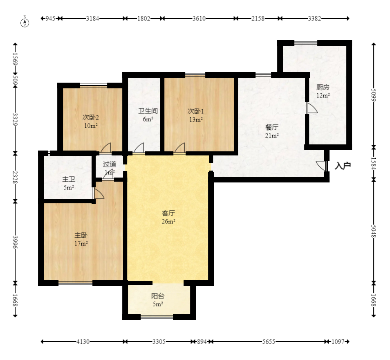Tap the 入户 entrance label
pyautogui.click(x=343, y=166)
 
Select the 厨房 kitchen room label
pyautogui.click(x=323, y=87)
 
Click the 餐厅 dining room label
pyautogui.click(x=271, y=127)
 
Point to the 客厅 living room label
pyautogui.click(x=168, y=213)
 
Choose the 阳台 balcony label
pyautogui.click(x=158, y=296)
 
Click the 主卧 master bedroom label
pyautogui.click(x=81, y=235)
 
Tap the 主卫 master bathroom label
pyautogui.click(x=68, y=179)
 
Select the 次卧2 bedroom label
pyautogui.click(x=91, y=117)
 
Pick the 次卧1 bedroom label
pyautogui.click(x=195, y=111)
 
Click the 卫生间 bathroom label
pyautogui.click(x=148, y=111)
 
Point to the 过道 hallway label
pyautogui.click(x=110, y=164)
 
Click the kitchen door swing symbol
pyautogui.click(x=312, y=108)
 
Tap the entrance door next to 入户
pyautogui.click(x=322, y=166)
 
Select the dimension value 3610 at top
pyautogui.click(x=199, y=18)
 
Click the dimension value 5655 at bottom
pyautogui.click(x=269, y=342)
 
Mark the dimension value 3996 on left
pyautogui.click(x=15, y=242)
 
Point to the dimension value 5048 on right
pyautogui.click(x=374, y=232)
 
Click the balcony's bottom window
pyautogui.click(x=157, y=317)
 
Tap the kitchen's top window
pyautogui.click(x=306, y=43)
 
